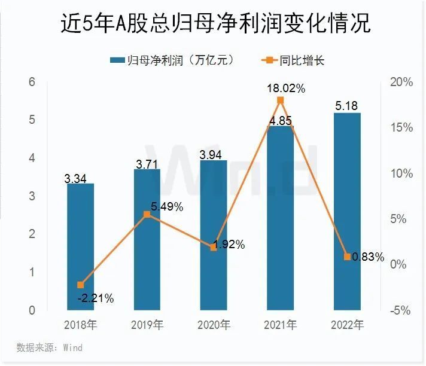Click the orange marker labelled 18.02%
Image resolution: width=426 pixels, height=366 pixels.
(281, 100)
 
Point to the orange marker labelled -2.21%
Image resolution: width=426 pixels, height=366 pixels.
(80, 285)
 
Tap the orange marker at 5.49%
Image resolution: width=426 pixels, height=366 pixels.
(147, 214)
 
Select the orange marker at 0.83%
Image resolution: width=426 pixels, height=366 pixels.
(348, 257)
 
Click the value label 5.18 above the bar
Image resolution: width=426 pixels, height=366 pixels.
(348, 105)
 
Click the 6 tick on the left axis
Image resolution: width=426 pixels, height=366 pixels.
(32, 82)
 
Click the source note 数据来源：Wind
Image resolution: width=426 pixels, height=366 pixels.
(49, 347)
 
